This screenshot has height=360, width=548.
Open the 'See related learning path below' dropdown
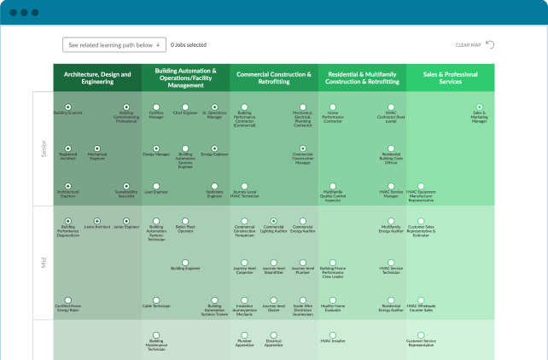[113, 44]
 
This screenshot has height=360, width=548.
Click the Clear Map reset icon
[489, 44]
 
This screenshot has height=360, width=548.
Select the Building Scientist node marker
[68, 107]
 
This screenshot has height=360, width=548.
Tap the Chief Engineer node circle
[185, 107]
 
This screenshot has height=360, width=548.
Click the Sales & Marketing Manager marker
[479, 107]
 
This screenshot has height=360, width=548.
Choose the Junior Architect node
[96, 221]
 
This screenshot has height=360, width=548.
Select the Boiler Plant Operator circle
[185, 221]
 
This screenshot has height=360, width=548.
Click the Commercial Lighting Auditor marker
[274, 221]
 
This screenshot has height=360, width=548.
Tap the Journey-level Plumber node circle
[303, 263]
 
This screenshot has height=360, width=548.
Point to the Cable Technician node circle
[156, 299]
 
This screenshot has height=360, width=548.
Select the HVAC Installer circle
[333, 335]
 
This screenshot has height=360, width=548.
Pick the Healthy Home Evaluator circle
[333, 299]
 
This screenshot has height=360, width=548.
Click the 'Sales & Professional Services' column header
[450, 78]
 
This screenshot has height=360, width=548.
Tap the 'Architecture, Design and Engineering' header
[97, 78]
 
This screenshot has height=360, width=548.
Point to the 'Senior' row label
[44, 148]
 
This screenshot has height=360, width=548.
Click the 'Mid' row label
[44, 262]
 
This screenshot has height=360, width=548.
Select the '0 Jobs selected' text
[188, 44]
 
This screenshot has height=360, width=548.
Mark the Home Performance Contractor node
[333, 107]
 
